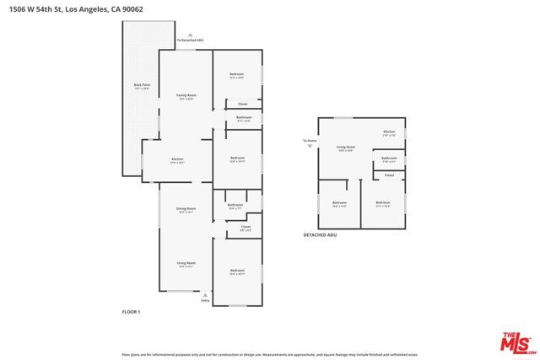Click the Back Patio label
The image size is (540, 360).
(142, 86)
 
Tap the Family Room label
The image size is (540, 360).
(186, 96)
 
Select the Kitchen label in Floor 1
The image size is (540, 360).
(178, 159)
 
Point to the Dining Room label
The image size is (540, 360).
(186, 209)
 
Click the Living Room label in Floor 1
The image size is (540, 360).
(186, 263)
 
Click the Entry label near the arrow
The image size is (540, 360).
(205, 301)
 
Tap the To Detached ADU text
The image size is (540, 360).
(191, 40)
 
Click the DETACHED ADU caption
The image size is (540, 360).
(320, 235)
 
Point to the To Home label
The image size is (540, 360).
(310, 140)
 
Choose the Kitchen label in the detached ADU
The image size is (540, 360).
(389, 132)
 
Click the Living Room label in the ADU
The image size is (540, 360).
(346, 148)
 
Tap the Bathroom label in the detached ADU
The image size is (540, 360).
(389, 158)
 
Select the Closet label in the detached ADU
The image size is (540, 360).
(389, 175)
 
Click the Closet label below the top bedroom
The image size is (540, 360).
(242, 104)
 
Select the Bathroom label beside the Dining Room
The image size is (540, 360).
(235, 205)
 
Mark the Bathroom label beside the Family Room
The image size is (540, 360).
(244, 117)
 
